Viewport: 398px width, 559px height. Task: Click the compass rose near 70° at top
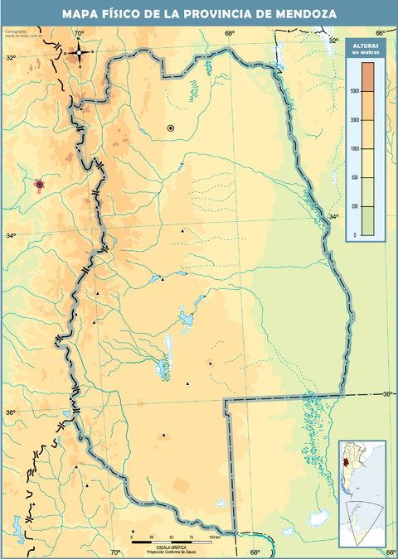point(79,52)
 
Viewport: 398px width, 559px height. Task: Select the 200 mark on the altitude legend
point(354,206)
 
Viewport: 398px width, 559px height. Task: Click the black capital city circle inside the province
point(171,128)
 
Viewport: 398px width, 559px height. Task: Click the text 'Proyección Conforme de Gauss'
point(172,551)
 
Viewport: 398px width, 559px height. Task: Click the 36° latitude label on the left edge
point(12,412)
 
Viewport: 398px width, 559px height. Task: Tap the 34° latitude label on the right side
point(333,217)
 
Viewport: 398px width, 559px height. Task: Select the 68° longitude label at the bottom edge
point(255,552)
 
